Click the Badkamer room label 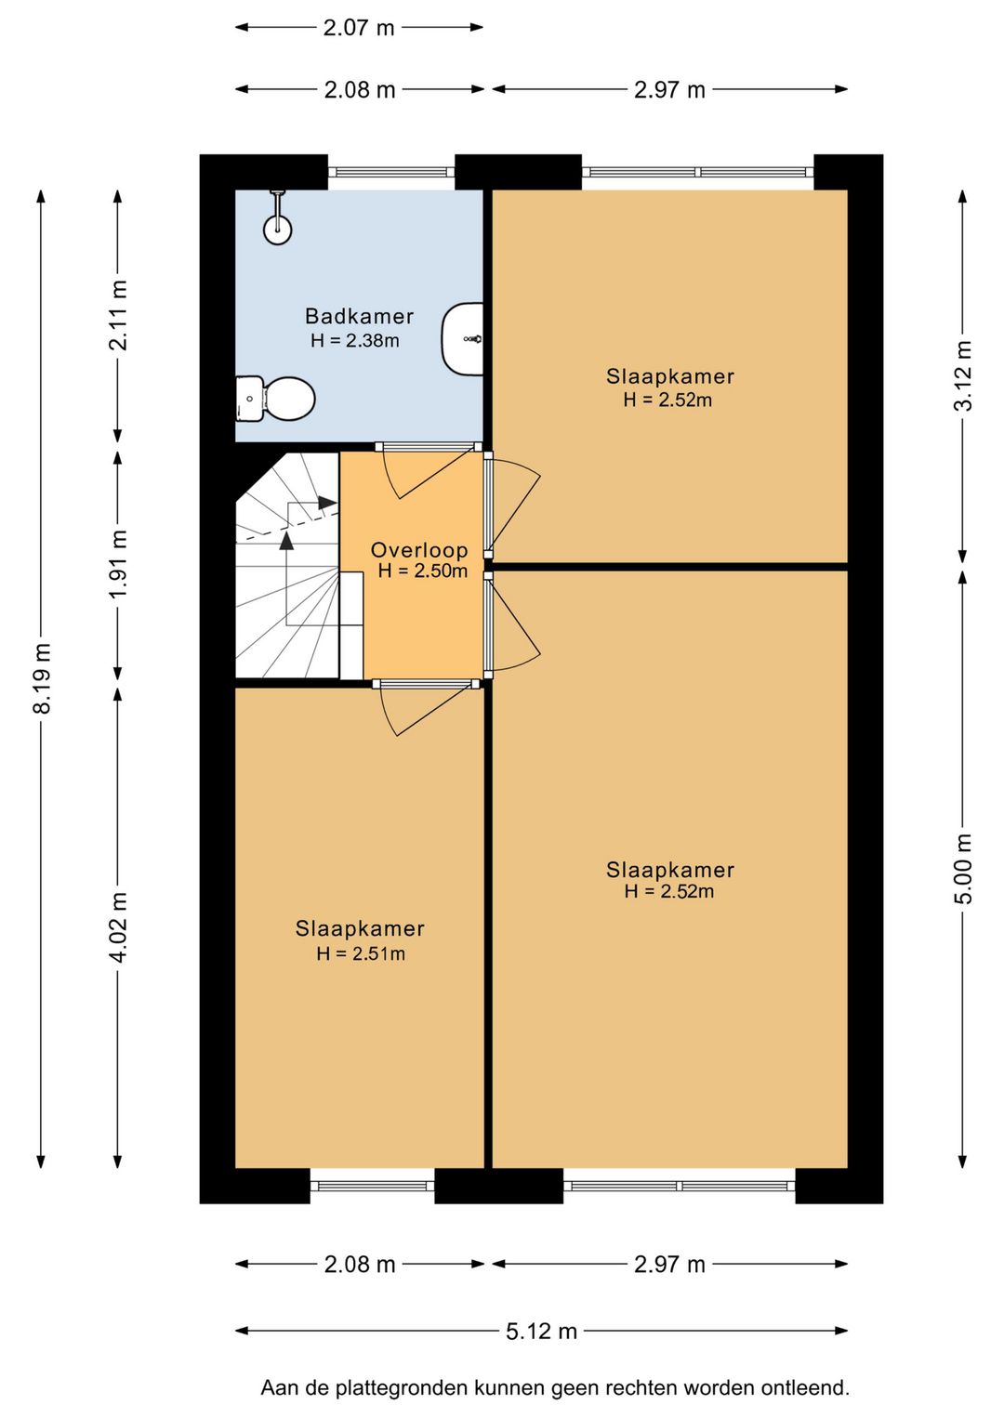359,316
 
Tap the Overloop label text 419,549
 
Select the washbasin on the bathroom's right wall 462,338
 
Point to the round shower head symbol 277,230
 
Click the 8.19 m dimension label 43,678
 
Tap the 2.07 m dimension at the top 359,28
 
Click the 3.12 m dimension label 963,376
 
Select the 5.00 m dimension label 963,869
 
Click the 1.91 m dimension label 118,563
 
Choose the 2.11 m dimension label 118,315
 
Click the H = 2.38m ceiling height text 355,341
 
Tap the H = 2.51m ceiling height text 361,953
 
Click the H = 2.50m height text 422,571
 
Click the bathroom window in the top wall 391,172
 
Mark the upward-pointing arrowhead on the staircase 287,540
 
